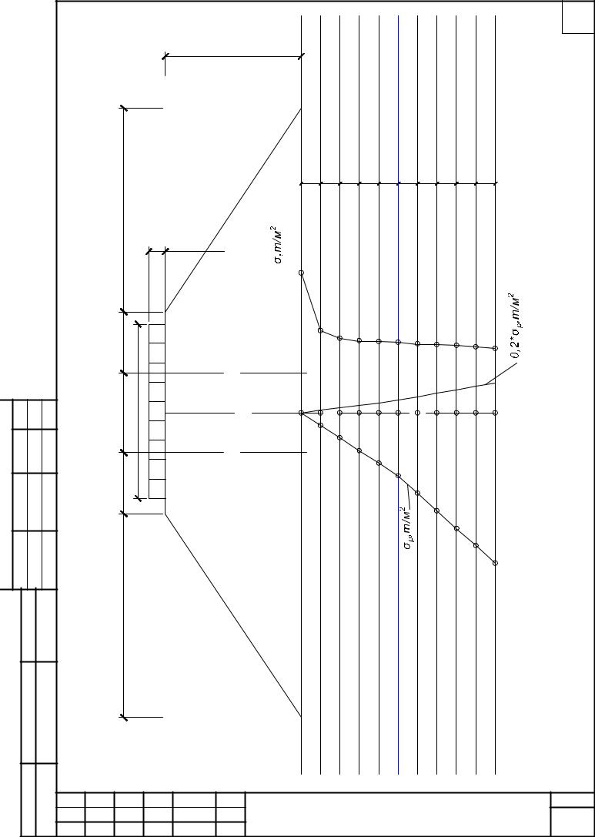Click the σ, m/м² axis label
coord(279,246)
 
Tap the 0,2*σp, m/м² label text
coord(514,326)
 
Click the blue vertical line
coord(398,394)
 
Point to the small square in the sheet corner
coord(578,17)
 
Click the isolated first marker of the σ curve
coord(301,273)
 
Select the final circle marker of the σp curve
coord(495,563)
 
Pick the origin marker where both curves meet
coord(301,413)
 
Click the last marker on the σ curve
coord(495,348)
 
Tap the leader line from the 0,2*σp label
coord(501,373)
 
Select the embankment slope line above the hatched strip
coord(233,210)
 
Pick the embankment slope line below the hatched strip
coord(233,615)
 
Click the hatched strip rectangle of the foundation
coord(157,411)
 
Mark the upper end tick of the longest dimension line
coord(124,109)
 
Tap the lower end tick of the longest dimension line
coord(124,717)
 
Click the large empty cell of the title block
coord(398,815)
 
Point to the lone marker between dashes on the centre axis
coord(417,413)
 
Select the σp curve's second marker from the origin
coord(340,437)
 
